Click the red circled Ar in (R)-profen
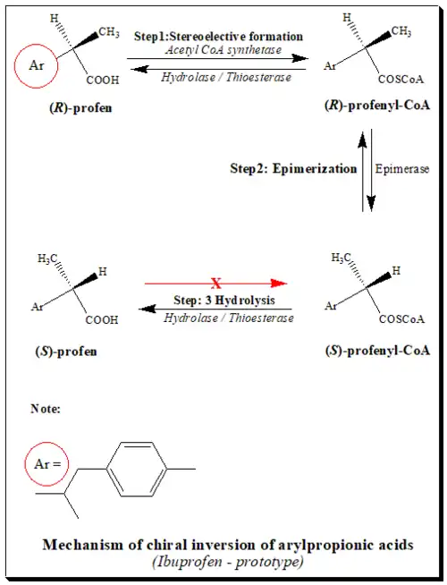click(36, 64)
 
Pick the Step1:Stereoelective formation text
click(218, 36)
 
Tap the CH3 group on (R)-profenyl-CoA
click(401, 32)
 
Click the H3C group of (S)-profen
click(49, 259)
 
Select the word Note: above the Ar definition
click(46, 409)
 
